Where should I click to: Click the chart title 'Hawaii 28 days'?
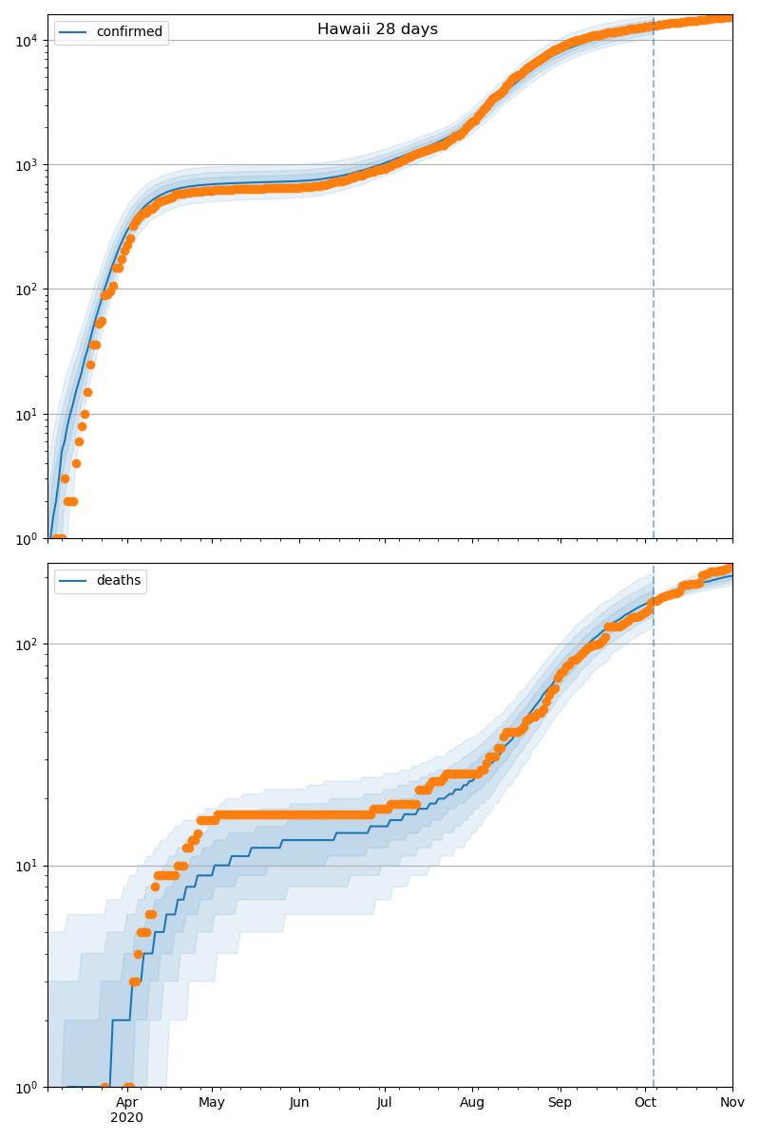click(x=377, y=29)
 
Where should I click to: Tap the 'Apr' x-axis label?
click(x=126, y=1102)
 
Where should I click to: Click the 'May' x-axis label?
click(x=212, y=1102)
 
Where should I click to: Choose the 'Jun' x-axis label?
click(x=299, y=1102)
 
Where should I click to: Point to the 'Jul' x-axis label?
click(x=384, y=1102)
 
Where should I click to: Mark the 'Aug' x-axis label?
click(x=472, y=1102)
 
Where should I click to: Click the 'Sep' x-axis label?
click(x=560, y=1102)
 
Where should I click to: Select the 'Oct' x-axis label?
click(x=645, y=1102)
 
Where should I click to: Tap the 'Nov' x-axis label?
click(x=731, y=1102)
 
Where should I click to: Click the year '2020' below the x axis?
click(x=126, y=1118)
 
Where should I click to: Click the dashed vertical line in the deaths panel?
click(x=654, y=854)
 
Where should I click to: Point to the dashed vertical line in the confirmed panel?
click(x=654, y=285)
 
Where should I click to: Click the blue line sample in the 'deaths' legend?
click(x=73, y=581)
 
